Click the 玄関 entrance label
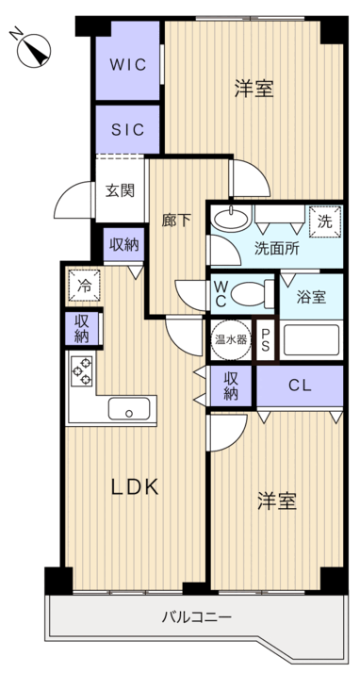tap(119, 189)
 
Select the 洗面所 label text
tap(276, 252)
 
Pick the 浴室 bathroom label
tap(311, 297)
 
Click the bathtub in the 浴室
tap(312, 338)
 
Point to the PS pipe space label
tap(267, 338)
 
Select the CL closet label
tap(300, 385)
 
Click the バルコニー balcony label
tap(196, 618)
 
